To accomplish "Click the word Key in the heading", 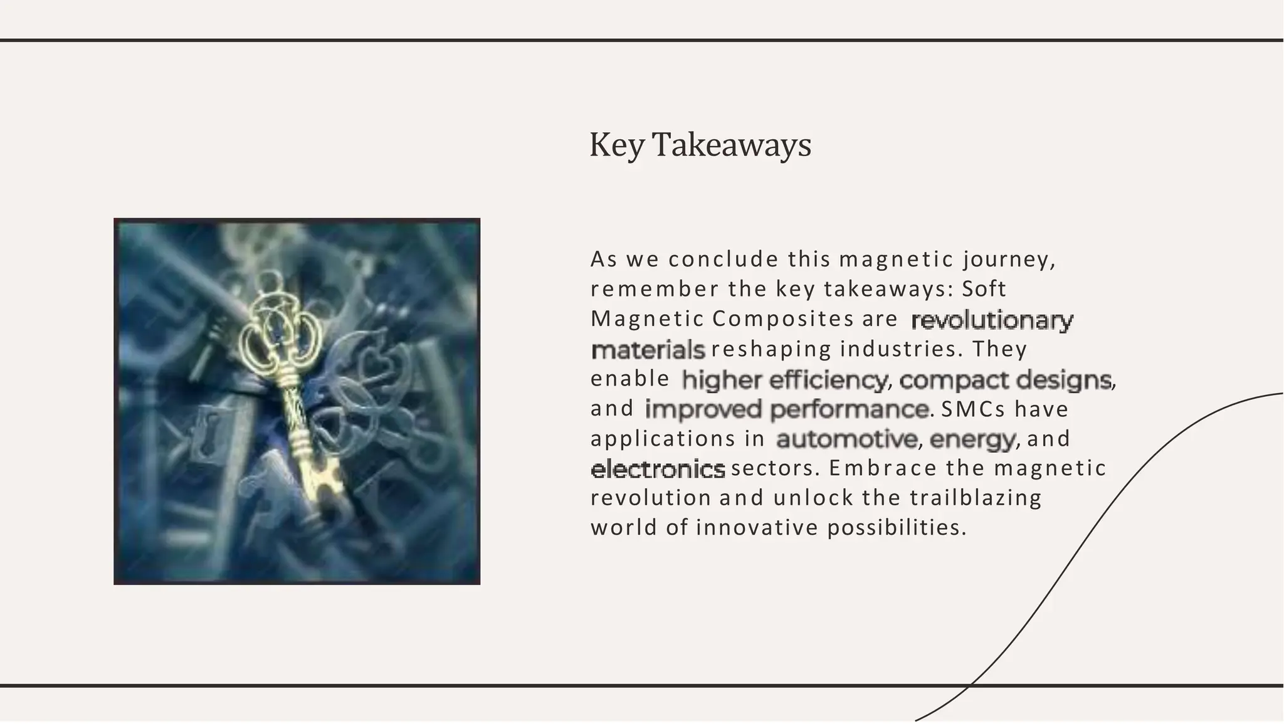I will click(x=617, y=145).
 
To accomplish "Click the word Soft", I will click(x=984, y=289).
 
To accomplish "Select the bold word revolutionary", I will click(x=992, y=320).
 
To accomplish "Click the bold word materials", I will click(x=648, y=350).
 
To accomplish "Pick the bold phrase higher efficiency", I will click(x=784, y=380).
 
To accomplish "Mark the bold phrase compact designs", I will click(x=1005, y=380).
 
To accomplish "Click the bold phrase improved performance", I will click(x=787, y=409).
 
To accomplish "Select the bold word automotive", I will click(x=847, y=439).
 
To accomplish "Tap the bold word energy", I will click(x=972, y=439).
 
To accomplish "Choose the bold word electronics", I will click(x=658, y=469).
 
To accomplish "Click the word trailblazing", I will click(x=975, y=498).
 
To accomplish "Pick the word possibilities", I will click(x=897, y=528).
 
